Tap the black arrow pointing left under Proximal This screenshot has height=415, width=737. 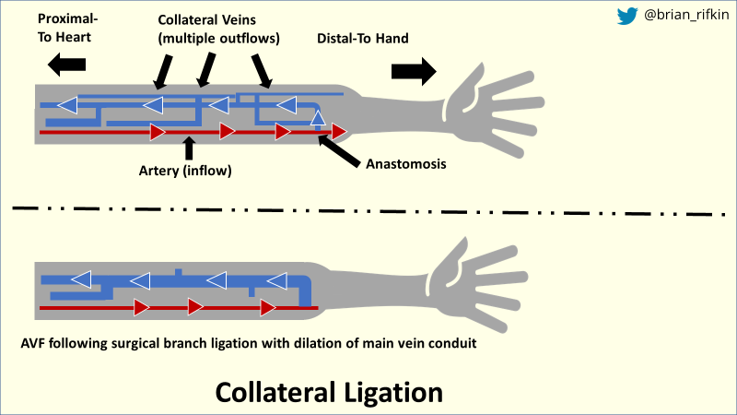[66, 64]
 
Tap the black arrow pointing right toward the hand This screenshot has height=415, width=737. [412, 71]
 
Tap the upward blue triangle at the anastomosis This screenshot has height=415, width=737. [318, 117]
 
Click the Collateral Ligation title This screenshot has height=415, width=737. [329, 392]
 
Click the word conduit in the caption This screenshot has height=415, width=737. [449, 344]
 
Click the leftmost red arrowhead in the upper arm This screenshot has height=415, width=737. [158, 133]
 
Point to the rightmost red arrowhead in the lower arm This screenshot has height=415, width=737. [269, 306]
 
